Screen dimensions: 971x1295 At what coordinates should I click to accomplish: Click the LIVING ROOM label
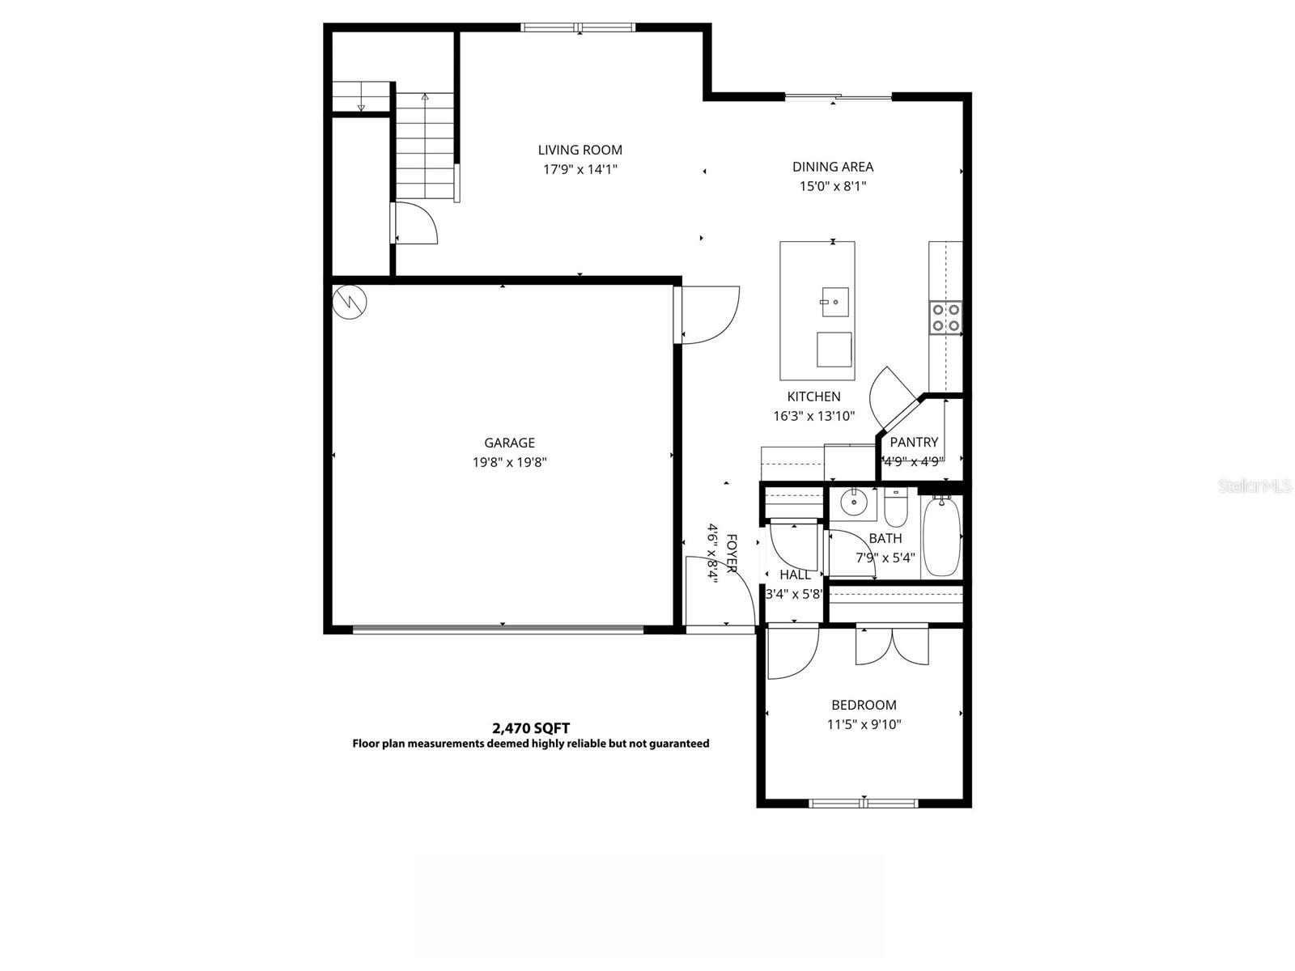click(580, 150)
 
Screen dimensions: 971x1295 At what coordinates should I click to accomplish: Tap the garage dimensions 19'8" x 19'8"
click(509, 463)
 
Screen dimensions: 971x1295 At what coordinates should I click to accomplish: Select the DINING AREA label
click(832, 167)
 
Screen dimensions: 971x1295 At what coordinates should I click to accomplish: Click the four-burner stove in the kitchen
click(945, 317)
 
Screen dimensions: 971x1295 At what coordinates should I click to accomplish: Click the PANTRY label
click(914, 442)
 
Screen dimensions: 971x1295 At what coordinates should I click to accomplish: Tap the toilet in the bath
click(896, 507)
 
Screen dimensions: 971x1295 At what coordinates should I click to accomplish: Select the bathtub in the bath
click(941, 536)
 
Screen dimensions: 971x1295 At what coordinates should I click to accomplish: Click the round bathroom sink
click(853, 503)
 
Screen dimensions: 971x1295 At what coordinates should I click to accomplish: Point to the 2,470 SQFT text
click(531, 728)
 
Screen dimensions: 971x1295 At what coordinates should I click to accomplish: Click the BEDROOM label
click(864, 705)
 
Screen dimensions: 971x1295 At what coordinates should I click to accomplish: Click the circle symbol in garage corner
click(350, 301)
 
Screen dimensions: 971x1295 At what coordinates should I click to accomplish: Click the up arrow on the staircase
click(425, 97)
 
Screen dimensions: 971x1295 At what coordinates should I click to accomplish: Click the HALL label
click(795, 575)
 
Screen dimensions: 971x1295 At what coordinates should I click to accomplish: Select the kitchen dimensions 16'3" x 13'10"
click(813, 416)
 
